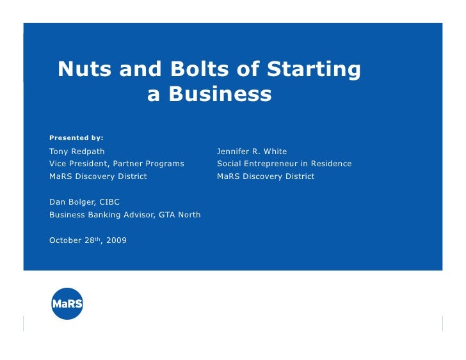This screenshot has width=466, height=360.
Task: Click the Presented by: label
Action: (x=76, y=137)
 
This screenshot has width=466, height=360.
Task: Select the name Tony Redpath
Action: (x=77, y=152)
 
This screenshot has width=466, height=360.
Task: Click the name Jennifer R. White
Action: (x=252, y=152)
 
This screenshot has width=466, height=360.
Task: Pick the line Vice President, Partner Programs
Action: (x=116, y=164)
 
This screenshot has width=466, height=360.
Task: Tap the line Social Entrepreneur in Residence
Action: (x=284, y=164)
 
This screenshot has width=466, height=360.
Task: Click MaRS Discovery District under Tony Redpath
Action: (x=98, y=176)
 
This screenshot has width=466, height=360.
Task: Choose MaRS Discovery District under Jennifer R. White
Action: (x=266, y=176)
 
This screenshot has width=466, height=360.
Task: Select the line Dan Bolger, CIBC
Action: (x=84, y=202)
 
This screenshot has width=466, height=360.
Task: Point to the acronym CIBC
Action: (x=109, y=202)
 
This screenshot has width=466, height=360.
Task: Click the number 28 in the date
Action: (x=90, y=240)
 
